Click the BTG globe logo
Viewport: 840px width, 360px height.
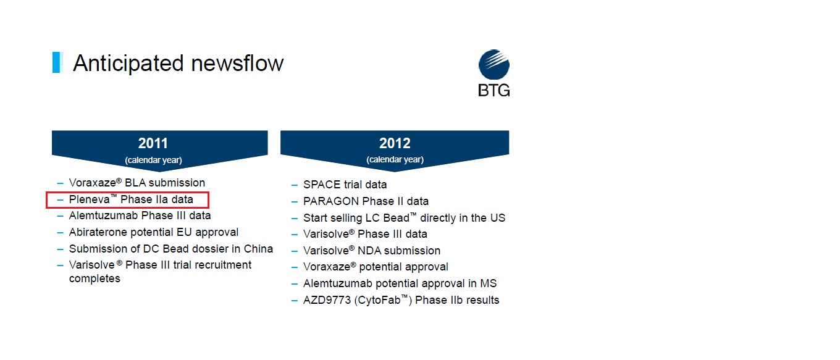point(494,64)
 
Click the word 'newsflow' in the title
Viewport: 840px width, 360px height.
point(237,63)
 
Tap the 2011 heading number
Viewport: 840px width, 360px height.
point(153,143)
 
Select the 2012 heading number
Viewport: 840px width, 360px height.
point(395,143)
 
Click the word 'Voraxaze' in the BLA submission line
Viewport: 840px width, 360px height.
point(93,183)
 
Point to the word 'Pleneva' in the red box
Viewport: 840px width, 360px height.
point(89,199)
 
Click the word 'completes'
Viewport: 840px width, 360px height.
point(94,278)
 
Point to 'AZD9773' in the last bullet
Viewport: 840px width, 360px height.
point(327,300)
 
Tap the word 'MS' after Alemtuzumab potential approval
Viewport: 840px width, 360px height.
point(488,283)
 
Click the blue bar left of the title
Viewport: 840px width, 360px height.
point(57,62)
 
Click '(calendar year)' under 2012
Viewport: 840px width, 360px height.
point(395,159)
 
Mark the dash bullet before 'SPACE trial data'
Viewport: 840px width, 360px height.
point(295,185)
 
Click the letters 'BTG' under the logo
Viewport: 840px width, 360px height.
point(494,90)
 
